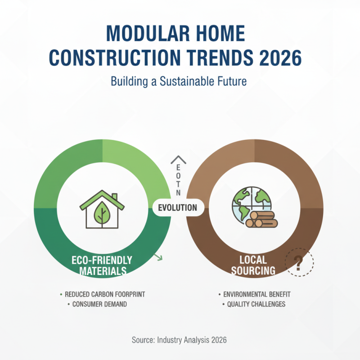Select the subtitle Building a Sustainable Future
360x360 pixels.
click(x=180, y=82)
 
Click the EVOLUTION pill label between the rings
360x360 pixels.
click(x=178, y=207)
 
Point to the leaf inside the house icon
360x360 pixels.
click(x=103, y=213)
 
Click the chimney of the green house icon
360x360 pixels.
click(x=115, y=198)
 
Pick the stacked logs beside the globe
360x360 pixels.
click(x=262, y=220)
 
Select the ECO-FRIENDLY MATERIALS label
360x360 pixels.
click(x=102, y=265)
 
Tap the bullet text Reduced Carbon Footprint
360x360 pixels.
click(x=105, y=294)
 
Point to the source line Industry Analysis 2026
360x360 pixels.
click(x=180, y=340)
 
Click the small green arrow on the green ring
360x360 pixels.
click(x=158, y=257)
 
